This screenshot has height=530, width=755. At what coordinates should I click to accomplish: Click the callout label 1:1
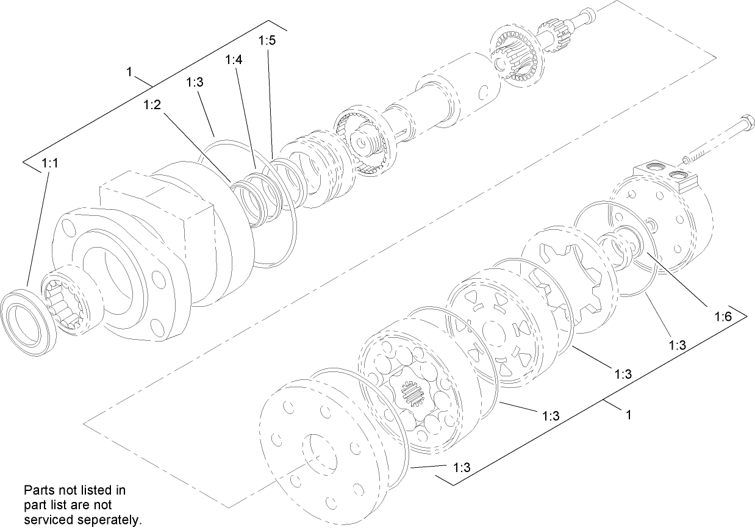(x=50, y=163)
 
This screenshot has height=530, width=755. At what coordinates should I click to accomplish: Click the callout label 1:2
(x=152, y=105)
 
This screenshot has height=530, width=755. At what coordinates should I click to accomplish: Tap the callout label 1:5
(x=267, y=41)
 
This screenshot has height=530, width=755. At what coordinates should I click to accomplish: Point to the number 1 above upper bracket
(x=129, y=72)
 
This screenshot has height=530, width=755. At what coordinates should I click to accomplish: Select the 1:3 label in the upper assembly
(x=195, y=84)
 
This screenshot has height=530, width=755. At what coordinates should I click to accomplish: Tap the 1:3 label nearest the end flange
(x=462, y=468)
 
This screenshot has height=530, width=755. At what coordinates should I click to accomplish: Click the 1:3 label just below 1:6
(x=678, y=345)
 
